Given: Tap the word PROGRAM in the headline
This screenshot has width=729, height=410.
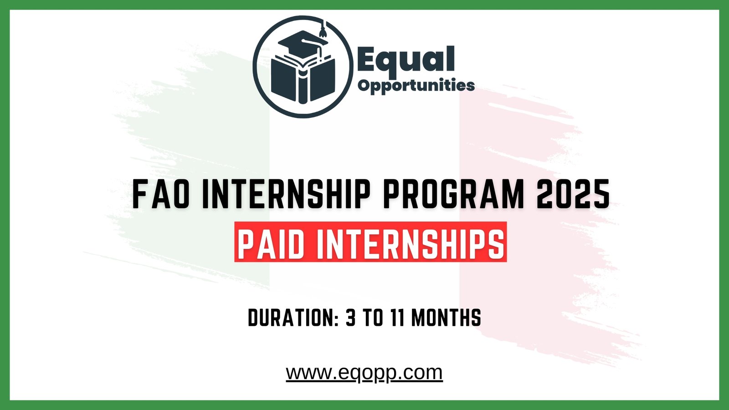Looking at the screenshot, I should coord(454,194).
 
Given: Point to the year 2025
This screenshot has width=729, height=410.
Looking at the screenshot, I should coord(573,194).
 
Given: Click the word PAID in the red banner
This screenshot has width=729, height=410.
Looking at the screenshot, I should coord(271,243).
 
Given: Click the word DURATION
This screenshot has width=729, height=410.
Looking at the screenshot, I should coord(290,318).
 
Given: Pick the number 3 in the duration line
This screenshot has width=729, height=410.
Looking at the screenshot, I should coord(350,318).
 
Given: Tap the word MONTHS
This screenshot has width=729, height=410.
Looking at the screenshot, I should coord(446,318).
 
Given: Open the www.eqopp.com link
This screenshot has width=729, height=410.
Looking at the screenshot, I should coord(364,373).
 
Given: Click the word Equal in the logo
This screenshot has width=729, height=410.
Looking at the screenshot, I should coord(406,60).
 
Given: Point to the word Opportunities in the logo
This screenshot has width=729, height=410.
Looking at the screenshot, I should coord(416,85).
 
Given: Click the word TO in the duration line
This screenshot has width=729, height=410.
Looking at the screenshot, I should coord(373,318).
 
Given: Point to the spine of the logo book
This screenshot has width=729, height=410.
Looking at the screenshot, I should coord(303,84).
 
